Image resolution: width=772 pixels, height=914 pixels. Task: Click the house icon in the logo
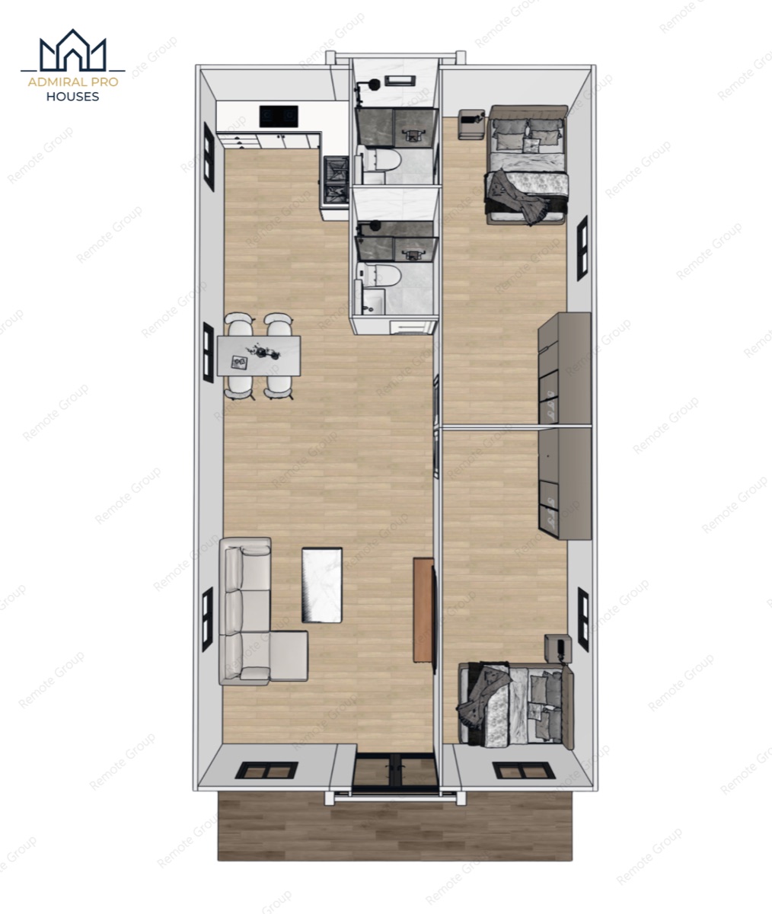[x=72, y=50]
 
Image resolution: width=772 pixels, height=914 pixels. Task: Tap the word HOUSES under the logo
[x=72, y=97]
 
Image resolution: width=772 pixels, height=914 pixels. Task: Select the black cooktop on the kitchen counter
[x=279, y=116]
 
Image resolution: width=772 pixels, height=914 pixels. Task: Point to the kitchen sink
[x=336, y=181]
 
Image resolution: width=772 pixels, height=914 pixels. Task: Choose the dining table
[x=259, y=356]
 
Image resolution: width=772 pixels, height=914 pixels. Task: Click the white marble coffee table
[x=321, y=584]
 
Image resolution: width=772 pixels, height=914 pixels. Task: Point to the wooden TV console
[x=423, y=610]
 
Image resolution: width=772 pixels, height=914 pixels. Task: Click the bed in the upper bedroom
[x=527, y=165]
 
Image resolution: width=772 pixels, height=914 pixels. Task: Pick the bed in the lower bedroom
[x=515, y=704]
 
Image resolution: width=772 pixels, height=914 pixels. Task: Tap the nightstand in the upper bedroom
[x=471, y=124]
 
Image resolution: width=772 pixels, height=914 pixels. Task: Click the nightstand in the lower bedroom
[x=558, y=649]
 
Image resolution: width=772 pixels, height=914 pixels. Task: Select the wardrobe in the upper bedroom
[x=565, y=368]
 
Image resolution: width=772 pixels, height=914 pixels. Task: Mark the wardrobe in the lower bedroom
[x=565, y=483]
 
